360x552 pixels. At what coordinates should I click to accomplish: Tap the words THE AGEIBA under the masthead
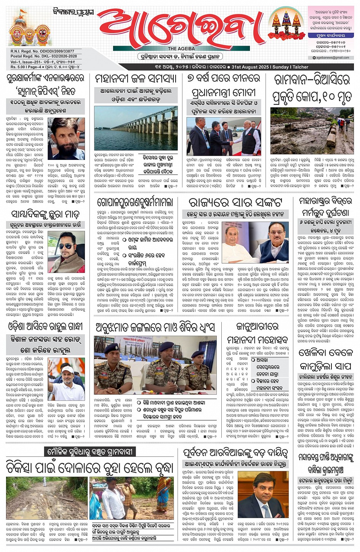[181, 49]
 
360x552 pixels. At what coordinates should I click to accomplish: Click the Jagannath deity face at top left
[22, 35]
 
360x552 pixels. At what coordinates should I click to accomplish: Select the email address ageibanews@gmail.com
[333, 57]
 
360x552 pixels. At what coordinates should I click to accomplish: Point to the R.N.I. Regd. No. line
[42, 51]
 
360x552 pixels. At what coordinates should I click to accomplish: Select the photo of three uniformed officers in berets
[155, 365]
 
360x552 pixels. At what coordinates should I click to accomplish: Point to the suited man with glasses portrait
[262, 495]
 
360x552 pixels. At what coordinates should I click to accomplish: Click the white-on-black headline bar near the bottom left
[90, 452]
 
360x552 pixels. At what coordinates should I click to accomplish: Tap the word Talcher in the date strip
[301, 67]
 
